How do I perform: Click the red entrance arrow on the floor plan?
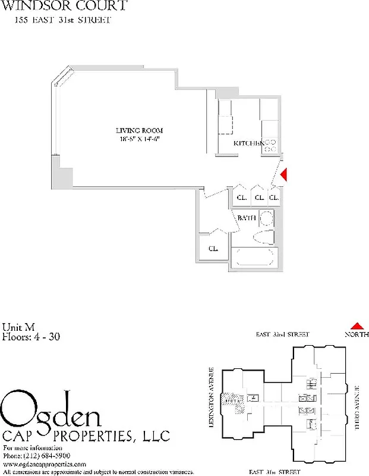(284, 174)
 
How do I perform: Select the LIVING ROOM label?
(139, 130)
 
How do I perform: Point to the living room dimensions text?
(139, 139)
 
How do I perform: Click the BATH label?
(246, 218)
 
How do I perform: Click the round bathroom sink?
(267, 218)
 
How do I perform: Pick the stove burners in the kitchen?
(270, 145)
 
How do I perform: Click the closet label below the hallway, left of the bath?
(213, 249)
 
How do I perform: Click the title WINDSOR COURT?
(65, 7)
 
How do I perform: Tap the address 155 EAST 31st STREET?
(62, 21)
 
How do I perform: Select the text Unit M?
(19, 326)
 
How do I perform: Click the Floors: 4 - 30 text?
(31, 336)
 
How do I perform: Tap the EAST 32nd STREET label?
(283, 335)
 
